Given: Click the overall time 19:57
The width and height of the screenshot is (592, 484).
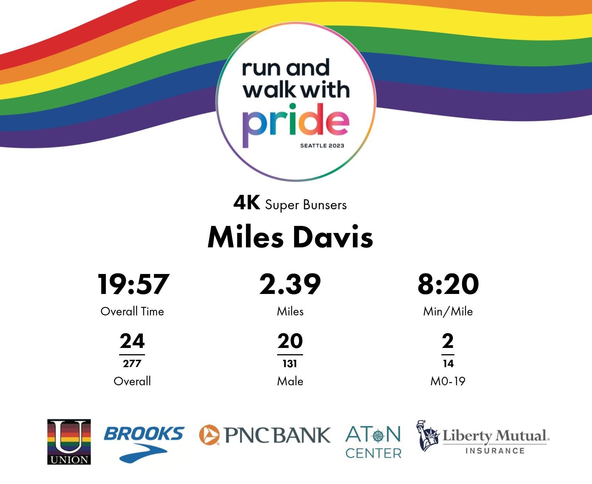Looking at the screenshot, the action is pos(133,284).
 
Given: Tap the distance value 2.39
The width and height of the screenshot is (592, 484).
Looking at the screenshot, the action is pos(290,284).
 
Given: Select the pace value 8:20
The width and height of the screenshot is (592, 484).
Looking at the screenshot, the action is pos(448,284).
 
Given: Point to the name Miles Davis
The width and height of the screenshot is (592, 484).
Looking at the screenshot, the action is pos(290,237).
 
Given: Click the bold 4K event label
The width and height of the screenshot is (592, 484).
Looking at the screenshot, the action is pos(246,203).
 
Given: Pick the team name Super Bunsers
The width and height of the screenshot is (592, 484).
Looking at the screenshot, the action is pos(306,205).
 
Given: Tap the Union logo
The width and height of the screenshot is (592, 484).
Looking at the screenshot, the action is pos(69,442).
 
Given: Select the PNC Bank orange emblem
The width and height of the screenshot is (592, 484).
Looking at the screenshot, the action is pos(209,435).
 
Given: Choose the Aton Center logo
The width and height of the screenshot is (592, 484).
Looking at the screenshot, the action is pos(373,442).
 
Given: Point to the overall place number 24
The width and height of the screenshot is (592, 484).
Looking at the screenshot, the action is pos(132,341).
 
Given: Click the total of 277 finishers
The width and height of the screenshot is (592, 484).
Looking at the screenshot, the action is pos(132,363).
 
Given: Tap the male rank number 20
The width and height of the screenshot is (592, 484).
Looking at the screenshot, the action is pos(290,341).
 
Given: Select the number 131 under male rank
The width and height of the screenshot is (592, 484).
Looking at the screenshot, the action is pos(290,363).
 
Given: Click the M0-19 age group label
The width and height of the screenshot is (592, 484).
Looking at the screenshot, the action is pos(448,381).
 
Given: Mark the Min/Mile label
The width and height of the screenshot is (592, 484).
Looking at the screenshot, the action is pos(448,311).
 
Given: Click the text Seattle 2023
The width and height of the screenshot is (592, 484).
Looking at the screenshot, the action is pos(322,146).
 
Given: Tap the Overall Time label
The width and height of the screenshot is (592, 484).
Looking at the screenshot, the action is pos(132,311).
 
